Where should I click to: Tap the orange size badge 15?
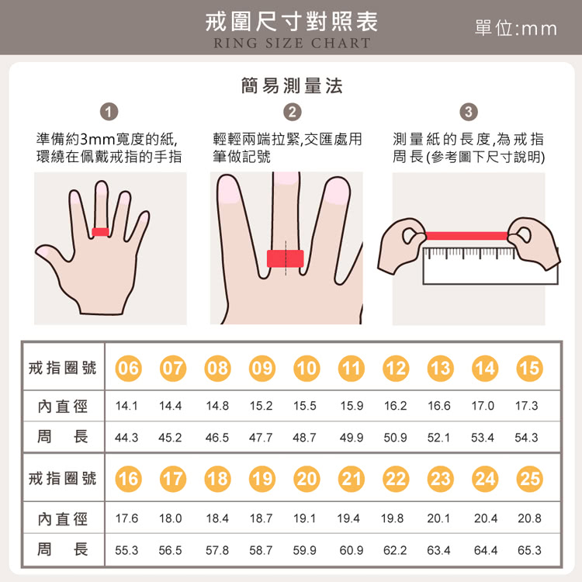coord(528,368)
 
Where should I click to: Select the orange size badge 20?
coord(307,479)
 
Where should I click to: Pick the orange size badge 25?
coord(528,479)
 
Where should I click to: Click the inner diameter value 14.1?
coord(126,405)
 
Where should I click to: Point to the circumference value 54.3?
coord(527,437)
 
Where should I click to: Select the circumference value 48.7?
coord(305,437)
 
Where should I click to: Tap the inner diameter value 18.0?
coord(170,518)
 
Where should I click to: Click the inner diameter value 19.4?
coord(350,518)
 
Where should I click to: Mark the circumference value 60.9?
coord(351,549)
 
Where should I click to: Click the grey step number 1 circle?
coord(111,112)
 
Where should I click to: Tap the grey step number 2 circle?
coord(292,112)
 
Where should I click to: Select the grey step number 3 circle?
coord(469,112)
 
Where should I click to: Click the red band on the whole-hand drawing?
coord(100,231)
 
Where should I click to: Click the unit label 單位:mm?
coord(515,28)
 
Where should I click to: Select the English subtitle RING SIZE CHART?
coord(292,43)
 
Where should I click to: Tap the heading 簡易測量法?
coord(292,85)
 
